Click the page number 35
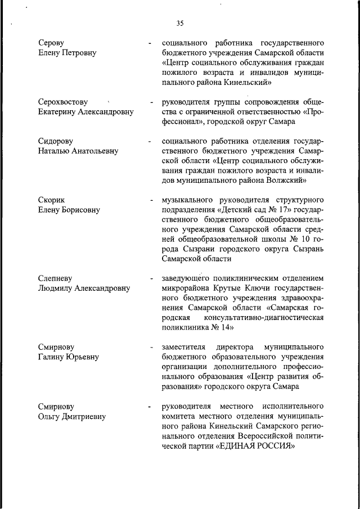click(180, 23)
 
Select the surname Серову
click(52, 43)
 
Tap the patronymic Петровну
click(79, 53)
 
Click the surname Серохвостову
click(63, 102)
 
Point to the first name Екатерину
click(60, 112)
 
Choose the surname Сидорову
click(56, 141)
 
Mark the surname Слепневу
click(56, 278)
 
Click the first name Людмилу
click(56, 289)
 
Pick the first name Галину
click(52, 357)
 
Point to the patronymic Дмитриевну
click(84, 416)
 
